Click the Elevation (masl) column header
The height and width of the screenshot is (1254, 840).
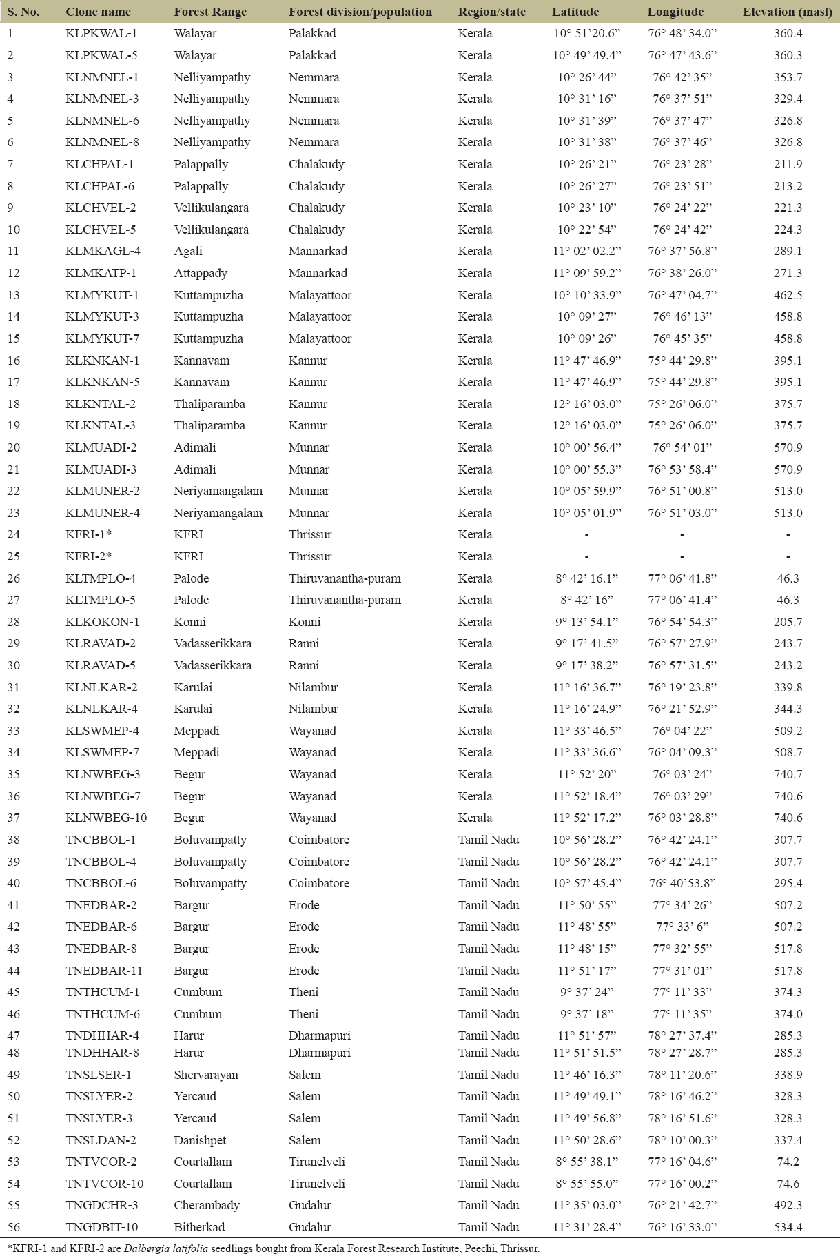click(787, 12)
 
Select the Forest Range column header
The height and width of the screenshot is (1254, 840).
click(210, 12)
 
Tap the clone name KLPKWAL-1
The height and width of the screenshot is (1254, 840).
click(101, 33)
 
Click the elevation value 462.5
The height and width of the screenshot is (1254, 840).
click(788, 295)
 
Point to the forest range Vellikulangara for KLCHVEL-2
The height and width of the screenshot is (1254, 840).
click(211, 208)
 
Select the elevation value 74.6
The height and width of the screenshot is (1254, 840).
click(788, 1184)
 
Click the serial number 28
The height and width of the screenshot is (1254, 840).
click(14, 622)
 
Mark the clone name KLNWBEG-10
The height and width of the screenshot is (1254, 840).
click(106, 818)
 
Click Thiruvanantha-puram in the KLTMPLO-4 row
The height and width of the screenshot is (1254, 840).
click(345, 578)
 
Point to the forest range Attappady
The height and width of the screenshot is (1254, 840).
click(201, 273)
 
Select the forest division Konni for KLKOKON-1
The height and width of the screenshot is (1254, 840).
click(305, 622)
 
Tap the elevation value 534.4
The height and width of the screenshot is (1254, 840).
click(788, 1227)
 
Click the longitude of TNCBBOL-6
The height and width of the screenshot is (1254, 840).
click(682, 883)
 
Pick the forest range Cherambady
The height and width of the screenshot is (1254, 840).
click(207, 1205)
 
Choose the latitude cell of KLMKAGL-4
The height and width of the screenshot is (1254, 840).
click(586, 251)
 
